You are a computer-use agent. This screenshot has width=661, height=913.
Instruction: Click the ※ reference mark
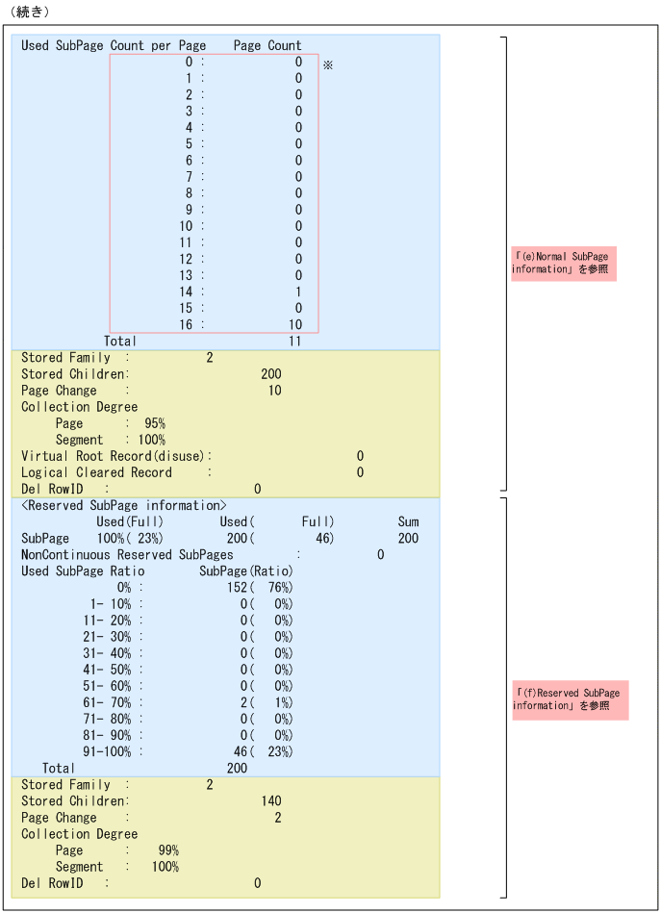point(327,64)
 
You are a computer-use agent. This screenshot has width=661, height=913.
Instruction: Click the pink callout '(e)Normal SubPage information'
point(563,263)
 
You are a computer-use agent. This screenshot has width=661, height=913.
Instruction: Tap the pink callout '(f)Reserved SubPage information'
point(570,699)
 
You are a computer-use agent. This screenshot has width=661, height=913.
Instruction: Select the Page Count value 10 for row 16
point(295,324)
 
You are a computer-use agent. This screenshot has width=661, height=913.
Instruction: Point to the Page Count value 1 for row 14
point(298,292)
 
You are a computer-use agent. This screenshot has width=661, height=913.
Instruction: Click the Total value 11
point(294,341)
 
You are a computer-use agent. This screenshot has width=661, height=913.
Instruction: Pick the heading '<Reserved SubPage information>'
point(124,505)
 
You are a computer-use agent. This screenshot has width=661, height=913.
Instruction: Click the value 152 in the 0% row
point(238,587)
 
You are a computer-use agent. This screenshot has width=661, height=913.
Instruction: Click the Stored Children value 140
point(271,800)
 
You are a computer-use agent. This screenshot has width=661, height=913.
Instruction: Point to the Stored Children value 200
point(271,373)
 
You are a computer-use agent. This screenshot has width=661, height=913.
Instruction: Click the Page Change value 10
point(275,391)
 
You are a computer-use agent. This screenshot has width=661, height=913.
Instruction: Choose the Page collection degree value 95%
point(155,423)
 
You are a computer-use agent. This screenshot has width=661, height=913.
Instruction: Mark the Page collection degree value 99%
point(168,850)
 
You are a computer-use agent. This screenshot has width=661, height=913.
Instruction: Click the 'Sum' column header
point(408,521)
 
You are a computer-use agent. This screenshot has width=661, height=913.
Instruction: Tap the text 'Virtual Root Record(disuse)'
point(114,456)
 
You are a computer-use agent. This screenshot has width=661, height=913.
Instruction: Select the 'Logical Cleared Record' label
point(96,472)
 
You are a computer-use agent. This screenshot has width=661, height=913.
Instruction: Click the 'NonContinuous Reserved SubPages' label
point(127,554)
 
